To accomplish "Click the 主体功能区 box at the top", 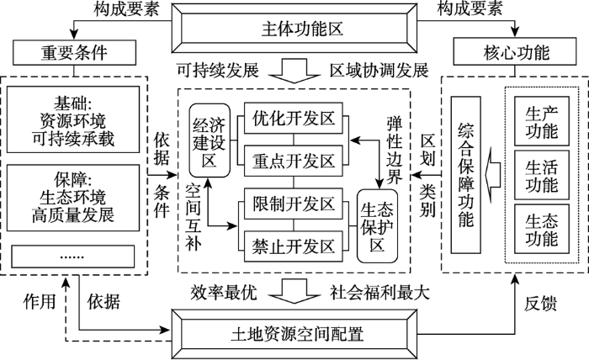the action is [294, 28].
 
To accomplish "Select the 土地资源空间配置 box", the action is [294, 334].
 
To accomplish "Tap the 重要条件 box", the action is [74, 52].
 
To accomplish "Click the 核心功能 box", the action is [515, 51].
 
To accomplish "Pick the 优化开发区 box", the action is [294, 118].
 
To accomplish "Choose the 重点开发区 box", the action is [294, 161].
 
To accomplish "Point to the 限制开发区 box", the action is [294, 204].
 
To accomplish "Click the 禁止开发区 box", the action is [294, 246].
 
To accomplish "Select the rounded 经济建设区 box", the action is [210, 140].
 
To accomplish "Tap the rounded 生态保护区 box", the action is [377, 226].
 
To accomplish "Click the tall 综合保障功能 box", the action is [466, 175].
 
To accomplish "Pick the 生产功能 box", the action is [542, 121].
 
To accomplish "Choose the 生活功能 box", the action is [542, 175].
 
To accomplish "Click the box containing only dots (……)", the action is [73, 257].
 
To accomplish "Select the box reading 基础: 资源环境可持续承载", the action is [73, 119].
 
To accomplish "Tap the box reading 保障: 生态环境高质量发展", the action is [73, 198].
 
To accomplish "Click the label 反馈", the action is [540, 304].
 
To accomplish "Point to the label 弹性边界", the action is [395, 150].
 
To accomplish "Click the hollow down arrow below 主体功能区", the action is [294, 71].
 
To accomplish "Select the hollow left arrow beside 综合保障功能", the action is [493, 175].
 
